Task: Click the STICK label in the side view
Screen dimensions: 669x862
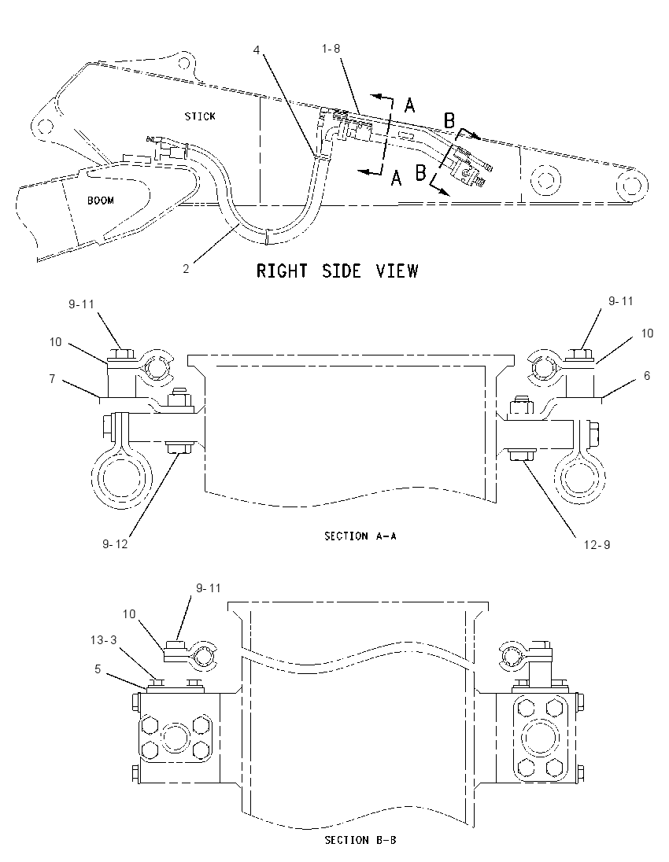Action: (x=200, y=116)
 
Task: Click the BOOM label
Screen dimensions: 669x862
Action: (x=101, y=201)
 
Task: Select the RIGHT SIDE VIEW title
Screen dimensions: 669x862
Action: (x=338, y=271)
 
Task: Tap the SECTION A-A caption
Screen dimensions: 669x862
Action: (x=360, y=536)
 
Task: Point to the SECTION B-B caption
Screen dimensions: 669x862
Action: (x=360, y=840)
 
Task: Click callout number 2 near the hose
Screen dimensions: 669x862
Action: (x=186, y=269)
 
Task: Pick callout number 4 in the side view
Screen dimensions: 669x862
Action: (x=257, y=50)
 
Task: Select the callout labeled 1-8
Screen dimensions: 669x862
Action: (x=331, y=49)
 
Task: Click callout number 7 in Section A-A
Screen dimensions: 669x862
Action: (x=52, y=379)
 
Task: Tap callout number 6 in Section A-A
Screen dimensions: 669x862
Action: (x=647, y=375)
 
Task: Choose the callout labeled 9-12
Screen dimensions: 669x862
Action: (x=115, y=543)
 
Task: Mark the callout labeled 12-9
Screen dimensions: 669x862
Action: (x=597, y=545)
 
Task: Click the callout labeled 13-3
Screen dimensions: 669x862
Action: (x=103, y=640)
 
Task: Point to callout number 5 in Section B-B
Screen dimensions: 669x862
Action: (x=98, y=669)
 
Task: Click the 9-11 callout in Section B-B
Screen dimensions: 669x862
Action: (x=209, y=588)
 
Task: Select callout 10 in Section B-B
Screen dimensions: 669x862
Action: (x=129, y=613)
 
